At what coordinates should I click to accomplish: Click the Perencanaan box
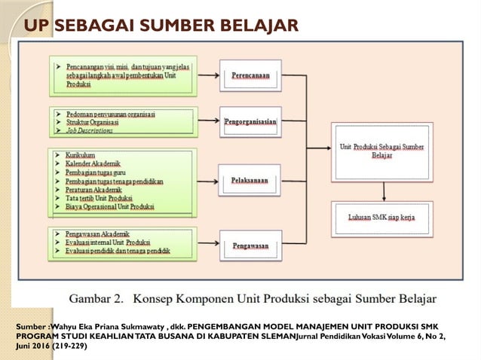[251, 75]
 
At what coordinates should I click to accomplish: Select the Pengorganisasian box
[251, 121]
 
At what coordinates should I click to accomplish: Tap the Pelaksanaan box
[251, 181]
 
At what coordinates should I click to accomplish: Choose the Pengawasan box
[251, 245]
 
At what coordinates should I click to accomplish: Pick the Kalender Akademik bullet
[93, 163]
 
